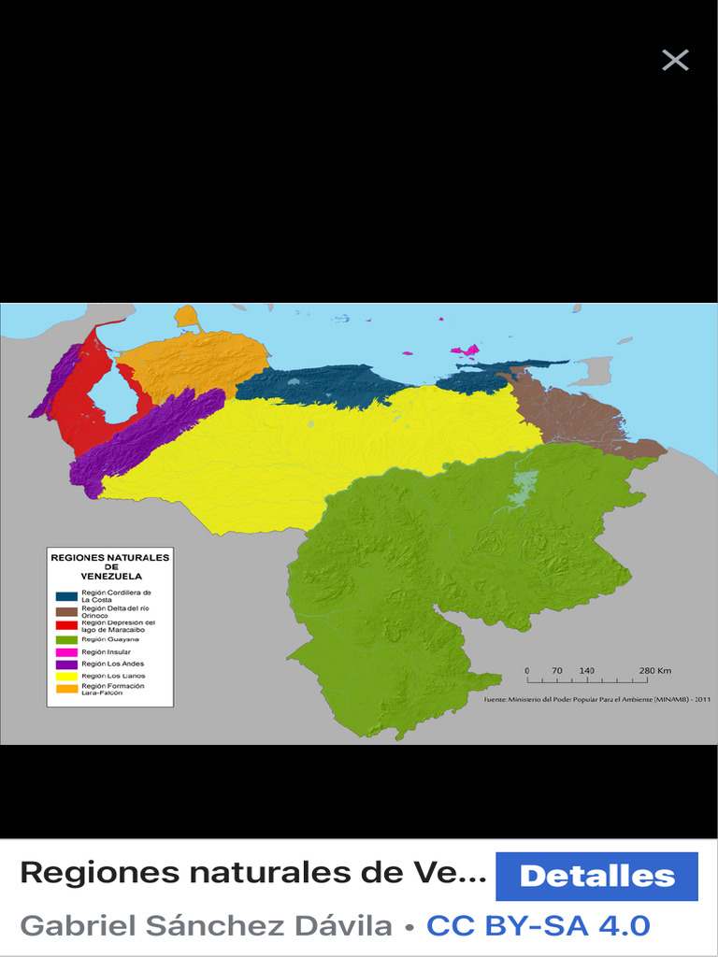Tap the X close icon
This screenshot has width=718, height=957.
[675, 61]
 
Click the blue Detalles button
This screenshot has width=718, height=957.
[596, 877]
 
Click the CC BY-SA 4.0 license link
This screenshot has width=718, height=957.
[538, 926]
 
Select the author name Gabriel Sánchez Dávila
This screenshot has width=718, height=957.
[206, 926]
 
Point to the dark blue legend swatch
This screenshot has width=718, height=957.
[66, 595]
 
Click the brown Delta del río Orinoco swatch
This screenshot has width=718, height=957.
[66, 611]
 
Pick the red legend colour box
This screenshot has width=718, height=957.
[66, 625]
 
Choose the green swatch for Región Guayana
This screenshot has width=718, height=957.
[66, 639]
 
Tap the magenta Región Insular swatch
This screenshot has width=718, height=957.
[66, 651]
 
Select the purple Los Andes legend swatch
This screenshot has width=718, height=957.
[66, 664]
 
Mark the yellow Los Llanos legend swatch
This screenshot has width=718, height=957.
[66, 676]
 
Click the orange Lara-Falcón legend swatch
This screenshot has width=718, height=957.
[66, 689]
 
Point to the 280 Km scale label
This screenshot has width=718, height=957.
[655, 671]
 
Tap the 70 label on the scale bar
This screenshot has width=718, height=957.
[557, 671]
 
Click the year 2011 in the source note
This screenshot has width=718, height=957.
[702, 699]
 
